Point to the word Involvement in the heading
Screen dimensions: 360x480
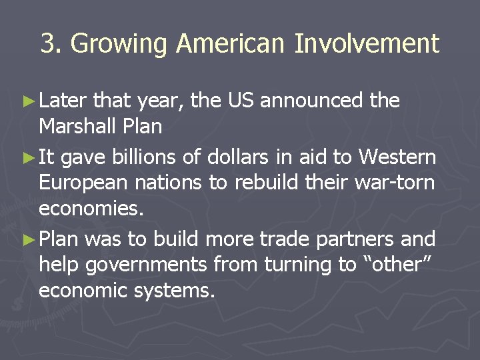click(x=367, y=44)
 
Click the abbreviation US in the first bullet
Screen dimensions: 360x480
click(x=243, y=101)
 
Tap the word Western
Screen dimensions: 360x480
click(x=397, y=157)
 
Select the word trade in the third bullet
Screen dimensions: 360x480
click(x=294, y=239)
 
